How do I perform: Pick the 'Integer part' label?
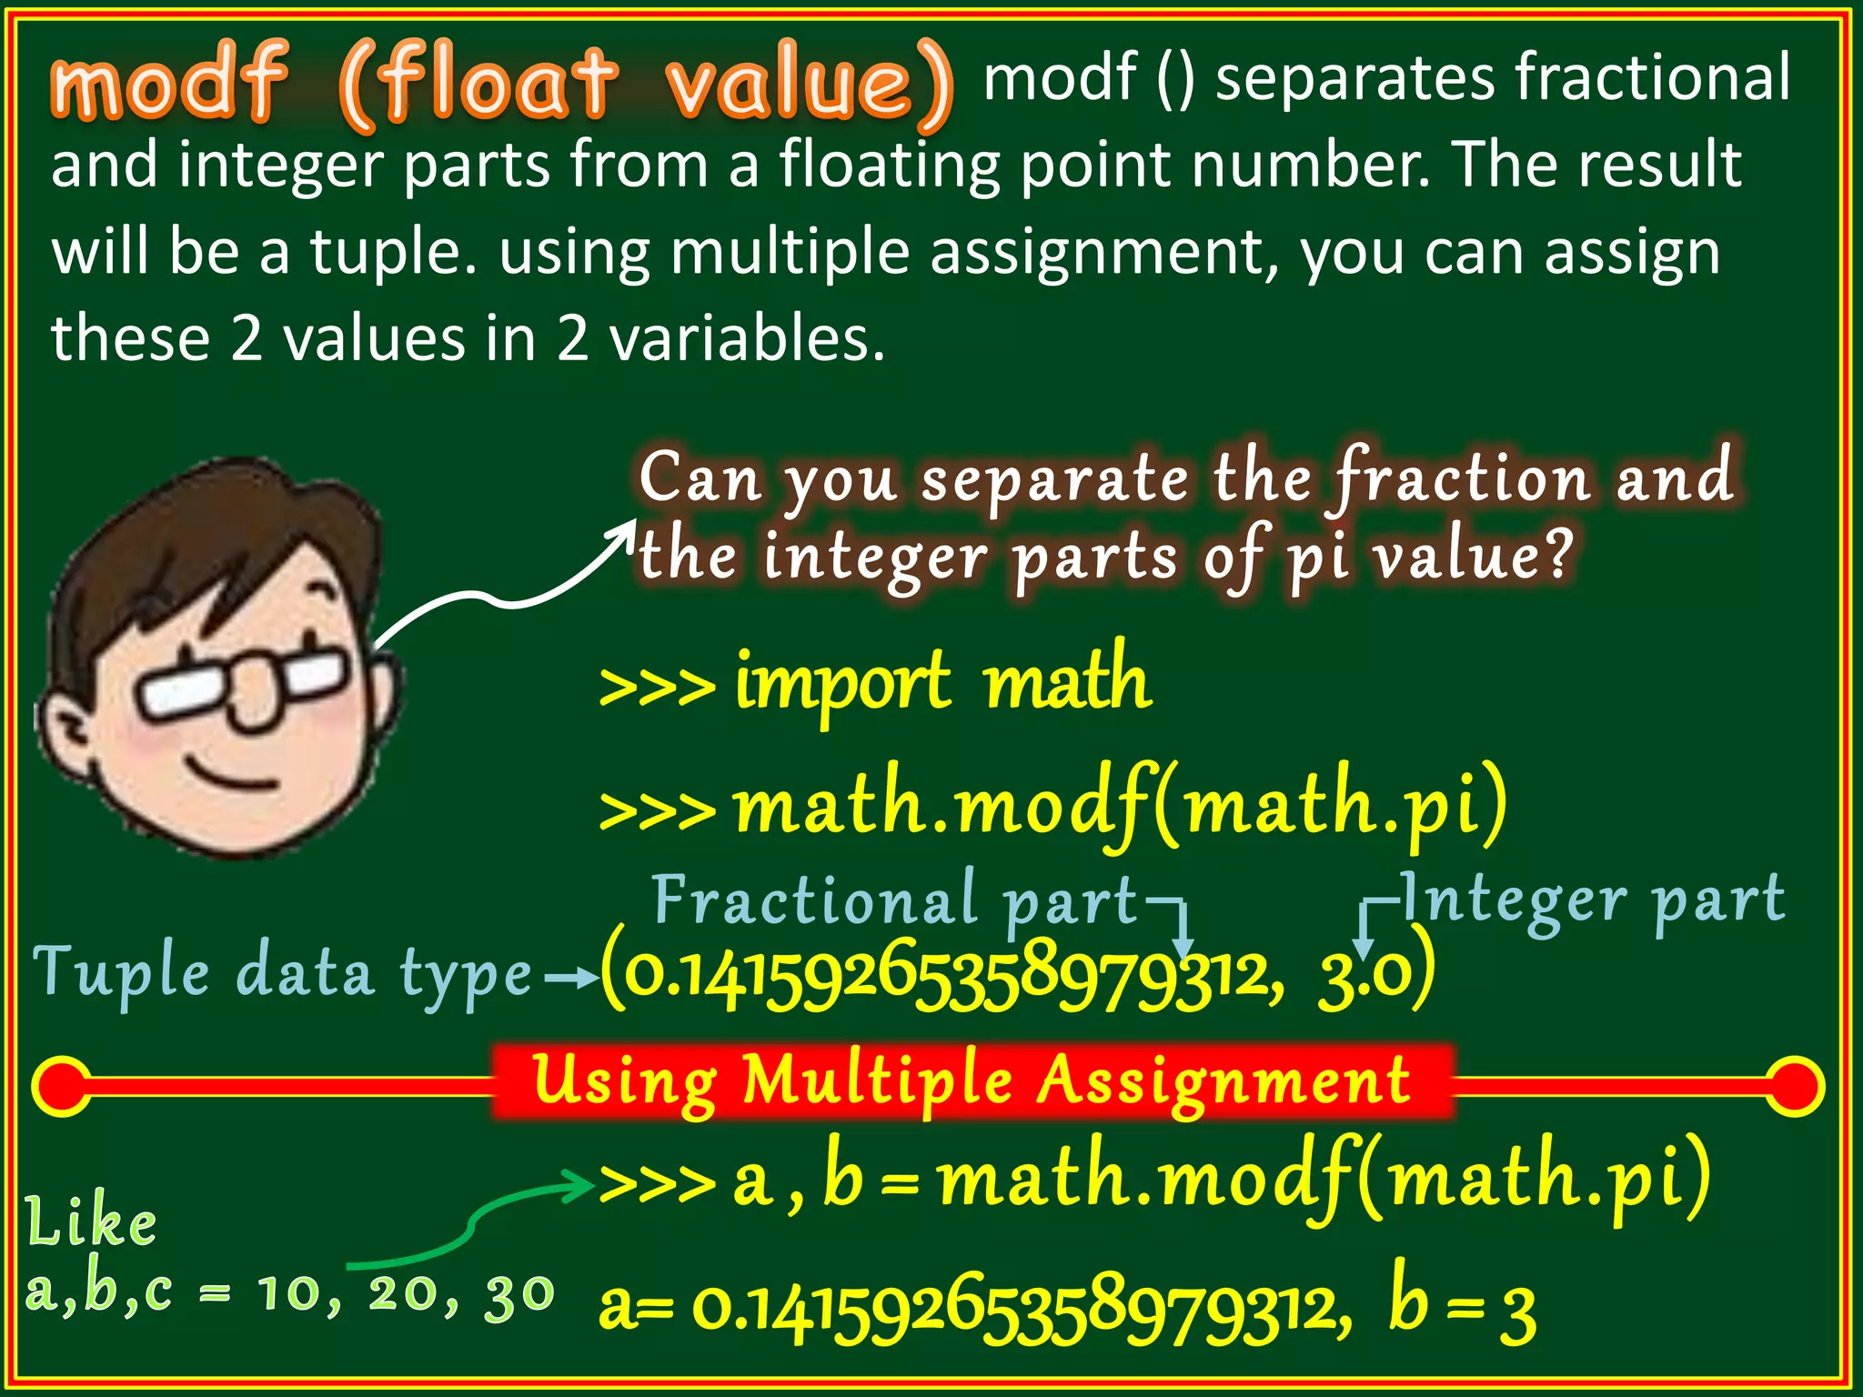tap(1592, 900)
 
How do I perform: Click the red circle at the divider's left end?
tap(61, 1086)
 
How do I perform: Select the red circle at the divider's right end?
tap(1795, 1086)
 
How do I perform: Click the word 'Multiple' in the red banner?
tap(878, 1082)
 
